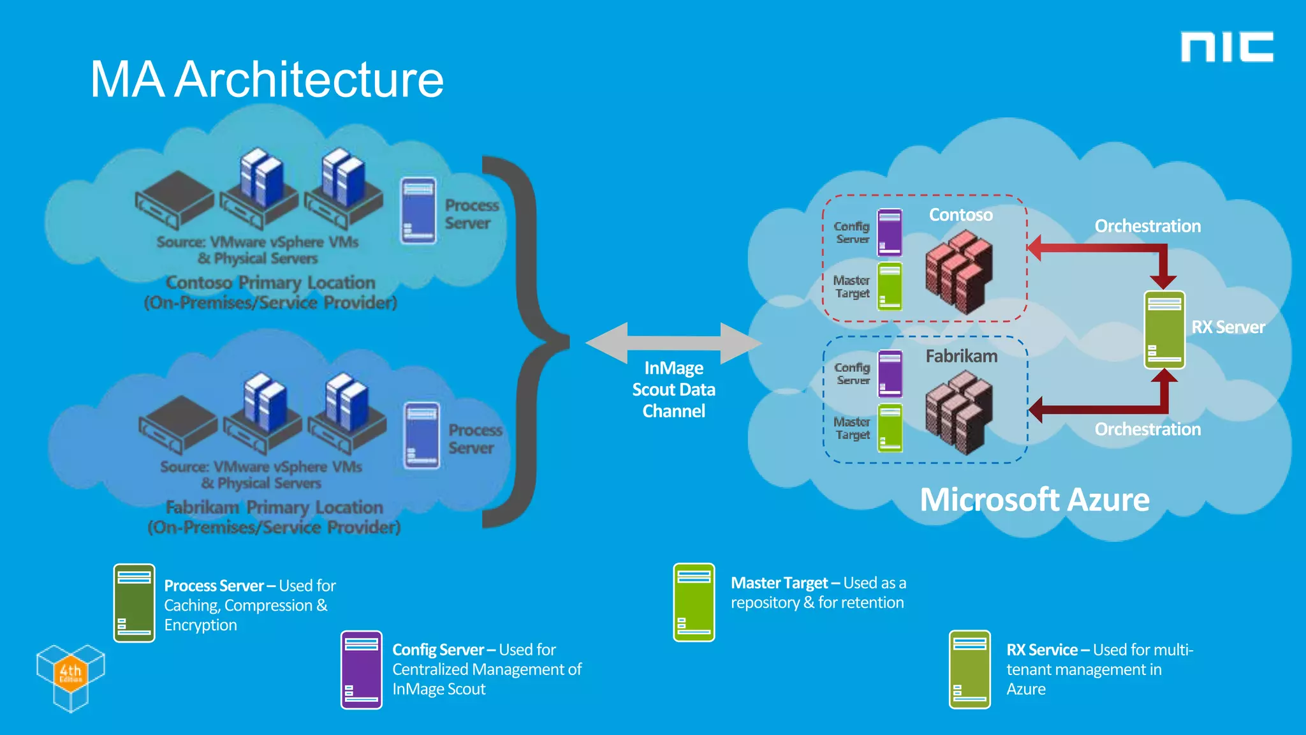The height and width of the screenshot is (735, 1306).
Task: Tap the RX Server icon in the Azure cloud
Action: coord(1164,330)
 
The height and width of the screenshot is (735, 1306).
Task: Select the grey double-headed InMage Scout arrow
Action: coord(673,343)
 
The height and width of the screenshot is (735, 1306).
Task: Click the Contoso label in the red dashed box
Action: coord(960,215)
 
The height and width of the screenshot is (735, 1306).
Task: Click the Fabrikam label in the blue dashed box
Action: coord(961,356)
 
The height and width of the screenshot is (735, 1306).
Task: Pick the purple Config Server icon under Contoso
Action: coord(890,232)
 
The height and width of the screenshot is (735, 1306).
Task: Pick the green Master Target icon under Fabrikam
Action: coord(890,428)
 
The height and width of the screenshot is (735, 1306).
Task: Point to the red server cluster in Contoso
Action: coord(958,272)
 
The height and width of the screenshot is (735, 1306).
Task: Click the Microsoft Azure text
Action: coord(1034,500)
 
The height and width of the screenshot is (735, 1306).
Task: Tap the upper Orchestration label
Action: coord(1147,226)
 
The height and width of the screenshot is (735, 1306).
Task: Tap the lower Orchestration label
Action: coord(1147,429)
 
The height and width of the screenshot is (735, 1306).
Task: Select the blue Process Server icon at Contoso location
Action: coord(418,211)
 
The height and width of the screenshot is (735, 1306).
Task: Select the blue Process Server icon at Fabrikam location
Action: coord(422,436)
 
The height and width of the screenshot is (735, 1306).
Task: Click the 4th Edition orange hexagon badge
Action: coord(70,672)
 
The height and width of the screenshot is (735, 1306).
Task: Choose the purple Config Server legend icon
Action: coord(361,670)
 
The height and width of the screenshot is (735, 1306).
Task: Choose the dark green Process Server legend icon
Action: coord(134,603)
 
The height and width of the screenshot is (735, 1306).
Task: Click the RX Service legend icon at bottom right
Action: coord(969,669)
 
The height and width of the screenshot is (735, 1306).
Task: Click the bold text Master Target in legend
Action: coord(779,583)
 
